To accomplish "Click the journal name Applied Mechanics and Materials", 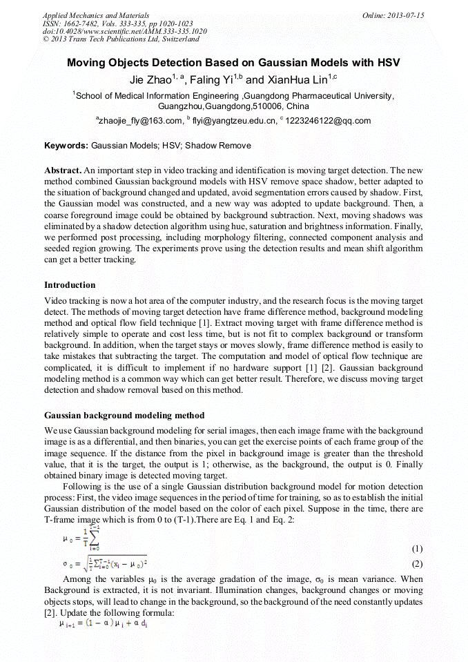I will [x=96, y=14].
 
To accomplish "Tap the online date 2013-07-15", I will [x=393, y=14].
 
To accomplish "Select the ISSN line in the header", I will [x=118, y=23].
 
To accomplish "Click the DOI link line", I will [x=124, y=31].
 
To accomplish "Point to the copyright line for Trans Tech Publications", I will [x=121, y=39].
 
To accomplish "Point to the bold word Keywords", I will [x=66, y=146].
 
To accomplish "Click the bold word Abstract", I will [x=63, y=170].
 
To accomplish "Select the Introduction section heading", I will [x=70, y=284].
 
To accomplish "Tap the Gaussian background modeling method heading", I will [x=124, y=415].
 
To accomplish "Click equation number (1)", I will [x=416, y=549].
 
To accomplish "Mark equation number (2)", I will [x=416, y=563].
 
